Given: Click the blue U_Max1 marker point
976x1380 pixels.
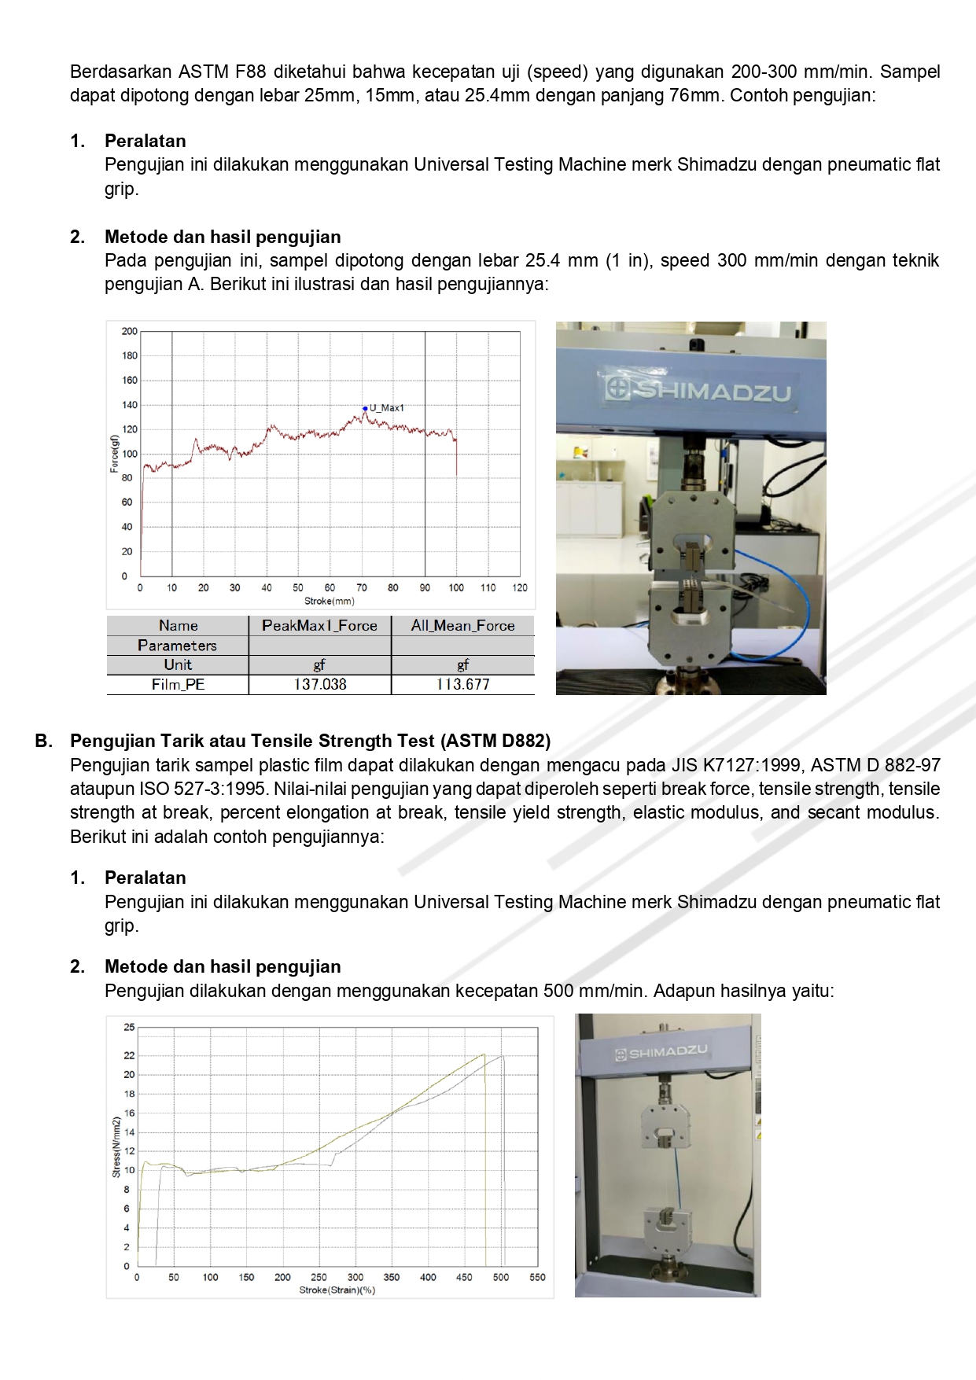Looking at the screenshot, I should coord(365,408).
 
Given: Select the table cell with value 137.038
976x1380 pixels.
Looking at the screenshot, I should coord(319,685).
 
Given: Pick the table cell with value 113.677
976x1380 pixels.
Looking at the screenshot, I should coord(462,685).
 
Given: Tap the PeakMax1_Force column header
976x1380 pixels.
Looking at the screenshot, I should coord(319,626).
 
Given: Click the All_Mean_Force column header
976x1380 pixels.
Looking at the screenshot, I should coord(462,626).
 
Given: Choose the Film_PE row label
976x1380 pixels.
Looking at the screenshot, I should coord(178,685).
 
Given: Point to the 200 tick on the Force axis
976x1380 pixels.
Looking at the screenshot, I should coord(129,332).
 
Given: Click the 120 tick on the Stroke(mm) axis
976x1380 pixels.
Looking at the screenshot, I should coord(520,588).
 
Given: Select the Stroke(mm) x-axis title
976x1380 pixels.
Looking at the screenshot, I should coord(330,602).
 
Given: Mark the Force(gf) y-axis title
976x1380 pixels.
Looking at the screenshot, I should coord(114,454).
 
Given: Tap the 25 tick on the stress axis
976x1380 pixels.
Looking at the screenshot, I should coord(129,1028).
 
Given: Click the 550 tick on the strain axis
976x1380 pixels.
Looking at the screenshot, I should coord(537,1278).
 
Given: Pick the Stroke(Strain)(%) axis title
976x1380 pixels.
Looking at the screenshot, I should coord(337,1290).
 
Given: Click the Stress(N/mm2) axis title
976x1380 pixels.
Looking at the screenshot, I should coord(116,1146).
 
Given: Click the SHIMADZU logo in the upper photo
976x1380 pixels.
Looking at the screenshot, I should coord(698,389).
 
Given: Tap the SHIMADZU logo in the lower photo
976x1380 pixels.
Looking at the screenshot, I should coord(661,1052).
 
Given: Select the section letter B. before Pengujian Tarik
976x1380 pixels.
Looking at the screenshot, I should coord(44,742).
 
